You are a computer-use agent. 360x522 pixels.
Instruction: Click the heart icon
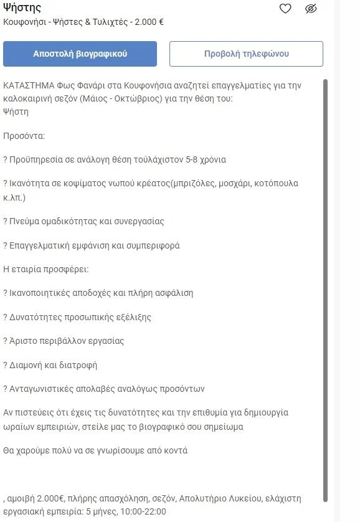(x=285, y=9)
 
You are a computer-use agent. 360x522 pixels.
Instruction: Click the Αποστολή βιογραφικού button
(x=80, y=54)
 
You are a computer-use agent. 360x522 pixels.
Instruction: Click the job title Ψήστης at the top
(x=22, y=7)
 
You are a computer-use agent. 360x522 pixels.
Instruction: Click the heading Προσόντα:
(x=24, y=135)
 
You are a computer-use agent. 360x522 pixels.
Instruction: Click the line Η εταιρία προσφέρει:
(x=46, y=269)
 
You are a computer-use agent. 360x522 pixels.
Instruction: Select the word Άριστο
(x=23, y=341)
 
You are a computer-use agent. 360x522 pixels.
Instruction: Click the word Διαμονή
(x=28, y=365)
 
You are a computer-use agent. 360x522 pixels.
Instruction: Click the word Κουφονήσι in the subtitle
(x=24, y=22)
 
